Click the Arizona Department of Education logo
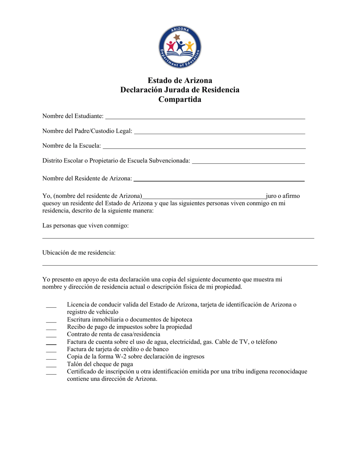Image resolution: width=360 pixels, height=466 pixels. point(180,48)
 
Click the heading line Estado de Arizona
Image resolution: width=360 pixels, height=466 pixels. point(180,80)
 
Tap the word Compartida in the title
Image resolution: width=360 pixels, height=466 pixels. point(180,100)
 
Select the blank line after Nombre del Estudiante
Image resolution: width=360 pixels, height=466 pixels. point(205,118)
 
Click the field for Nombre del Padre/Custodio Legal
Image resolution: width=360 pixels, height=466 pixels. point(219,133)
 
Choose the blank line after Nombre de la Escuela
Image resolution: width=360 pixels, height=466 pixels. point(204,147)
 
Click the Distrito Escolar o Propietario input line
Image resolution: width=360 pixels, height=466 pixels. point(248,163)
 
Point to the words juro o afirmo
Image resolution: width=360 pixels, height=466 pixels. point(283,196)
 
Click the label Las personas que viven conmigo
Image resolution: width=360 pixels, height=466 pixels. point(86,225)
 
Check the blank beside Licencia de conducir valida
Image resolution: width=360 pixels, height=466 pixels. point(51,306)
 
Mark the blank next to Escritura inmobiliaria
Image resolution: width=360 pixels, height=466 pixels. point(51,321)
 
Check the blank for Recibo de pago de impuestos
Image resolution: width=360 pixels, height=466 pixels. point(51,328)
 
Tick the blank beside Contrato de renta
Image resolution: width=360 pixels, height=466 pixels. point(51,336)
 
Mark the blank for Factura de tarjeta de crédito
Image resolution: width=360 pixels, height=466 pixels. point(51,351)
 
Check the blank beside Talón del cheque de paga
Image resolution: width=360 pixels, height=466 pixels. point(51,366)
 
